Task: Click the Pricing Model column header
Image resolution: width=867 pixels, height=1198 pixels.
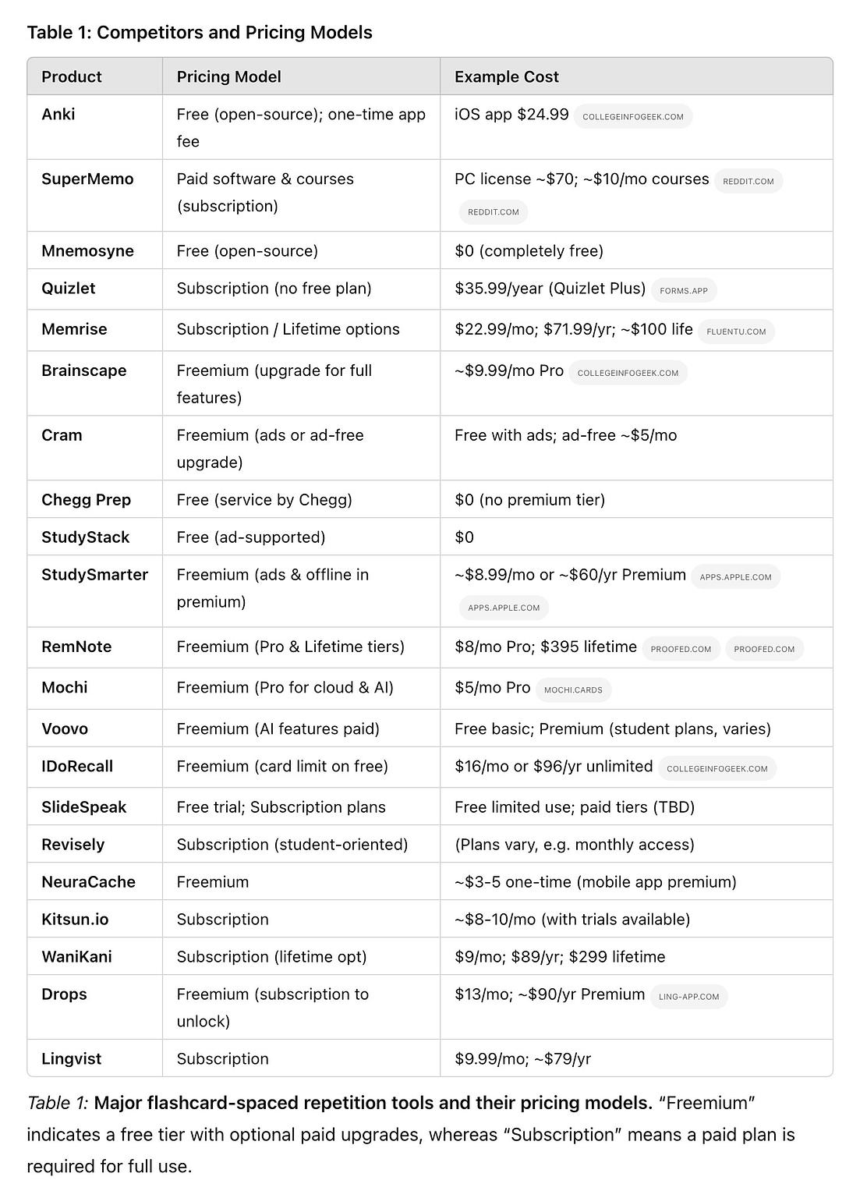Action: [x=228, y=76]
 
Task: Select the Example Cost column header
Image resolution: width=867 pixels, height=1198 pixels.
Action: [x=506, y=76]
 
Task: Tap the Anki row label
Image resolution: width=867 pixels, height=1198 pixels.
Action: [x=58, y=114]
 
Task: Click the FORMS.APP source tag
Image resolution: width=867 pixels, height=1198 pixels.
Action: [x=683, y=291]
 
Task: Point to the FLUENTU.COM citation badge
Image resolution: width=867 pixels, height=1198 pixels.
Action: [x=735, y=331]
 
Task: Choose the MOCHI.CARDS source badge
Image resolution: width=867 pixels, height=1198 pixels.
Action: [x=573, y=690]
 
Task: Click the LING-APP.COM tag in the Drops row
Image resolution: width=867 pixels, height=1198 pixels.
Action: [x=688, y=997]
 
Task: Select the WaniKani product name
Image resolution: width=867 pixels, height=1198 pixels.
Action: [x=76, y=956]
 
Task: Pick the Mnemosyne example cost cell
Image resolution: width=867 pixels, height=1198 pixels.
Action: [x=529, y=250]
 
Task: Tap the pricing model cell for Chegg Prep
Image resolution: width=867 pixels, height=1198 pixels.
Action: [x=264, y=499]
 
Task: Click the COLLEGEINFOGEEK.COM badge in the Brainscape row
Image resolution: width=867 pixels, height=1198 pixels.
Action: [x=627, y=373]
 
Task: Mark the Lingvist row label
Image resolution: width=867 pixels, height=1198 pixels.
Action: [x=71, y=1058]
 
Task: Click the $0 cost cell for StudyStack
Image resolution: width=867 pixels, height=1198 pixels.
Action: [x=464, y=537]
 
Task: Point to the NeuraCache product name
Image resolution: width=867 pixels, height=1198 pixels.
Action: [x=88, y=881]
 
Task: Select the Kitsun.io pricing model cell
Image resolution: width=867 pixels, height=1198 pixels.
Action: [x=222, y=919]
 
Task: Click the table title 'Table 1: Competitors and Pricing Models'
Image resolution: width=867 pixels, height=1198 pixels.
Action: [x=200, y=32]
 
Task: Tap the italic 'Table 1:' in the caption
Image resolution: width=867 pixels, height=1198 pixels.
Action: [x=58, y=1103]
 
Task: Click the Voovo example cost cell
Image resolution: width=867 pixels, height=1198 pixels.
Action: [x=612, y=728]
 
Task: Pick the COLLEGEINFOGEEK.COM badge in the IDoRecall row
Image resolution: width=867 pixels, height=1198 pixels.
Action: [x=717, y=769]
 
